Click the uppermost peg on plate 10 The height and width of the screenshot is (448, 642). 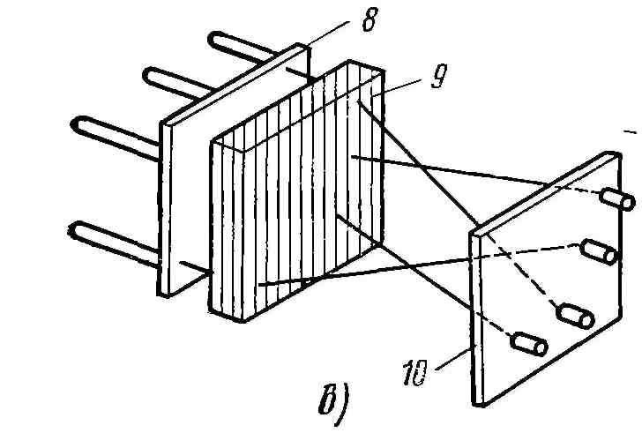pos(616,200)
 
